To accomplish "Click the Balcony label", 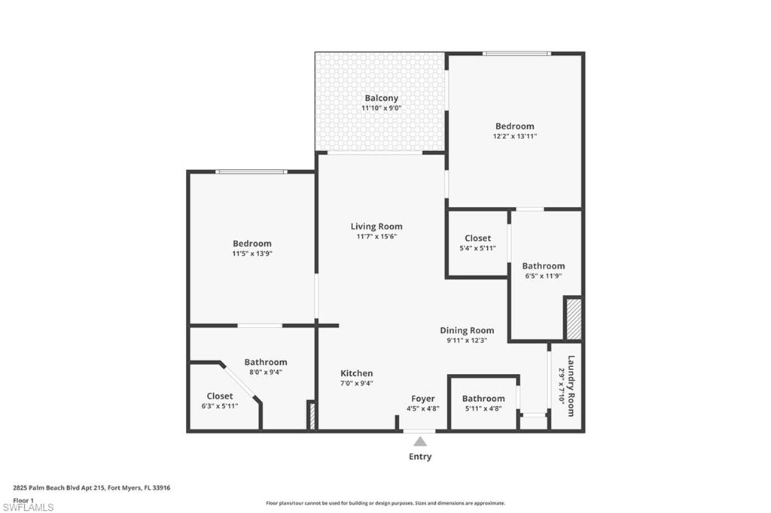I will [381, 98].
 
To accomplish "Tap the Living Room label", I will [376, 226].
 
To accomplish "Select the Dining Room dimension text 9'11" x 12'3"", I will [467, 341].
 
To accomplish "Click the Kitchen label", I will [356, 373].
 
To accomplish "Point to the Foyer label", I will [422, 399].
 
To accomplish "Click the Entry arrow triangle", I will [419, 442].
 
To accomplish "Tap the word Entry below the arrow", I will [420, 457].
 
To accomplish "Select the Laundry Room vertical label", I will [571, 385].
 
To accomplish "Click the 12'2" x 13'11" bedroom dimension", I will [514, 136].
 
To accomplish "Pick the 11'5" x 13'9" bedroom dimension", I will [251, 253].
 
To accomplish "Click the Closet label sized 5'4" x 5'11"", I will [477, 238].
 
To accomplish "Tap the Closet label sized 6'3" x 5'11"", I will [220, 396].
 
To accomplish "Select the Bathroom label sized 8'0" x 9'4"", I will [265, 362].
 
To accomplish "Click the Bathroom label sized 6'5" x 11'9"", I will [543, 266].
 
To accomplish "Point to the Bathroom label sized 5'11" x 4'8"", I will [483, 399].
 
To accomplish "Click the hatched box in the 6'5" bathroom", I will [574, 319].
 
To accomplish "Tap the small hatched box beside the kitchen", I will [311, 416].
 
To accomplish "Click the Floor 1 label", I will [24, 499].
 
